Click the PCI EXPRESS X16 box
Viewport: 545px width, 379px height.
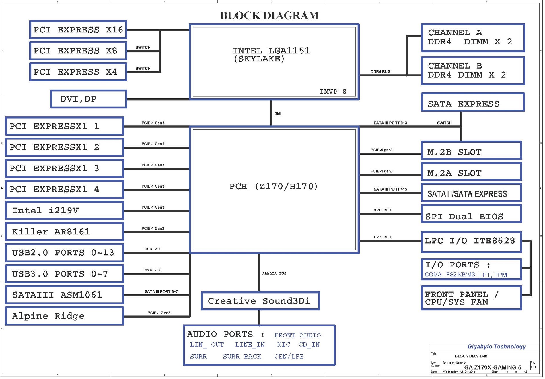78,30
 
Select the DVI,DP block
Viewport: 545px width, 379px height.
89,99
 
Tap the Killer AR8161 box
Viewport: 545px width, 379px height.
65,232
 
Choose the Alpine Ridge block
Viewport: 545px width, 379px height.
65,316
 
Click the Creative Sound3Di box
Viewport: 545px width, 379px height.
260,301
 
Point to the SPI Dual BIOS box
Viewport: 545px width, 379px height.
471,214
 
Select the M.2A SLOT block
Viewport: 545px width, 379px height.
471,172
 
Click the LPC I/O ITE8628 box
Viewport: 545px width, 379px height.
471,242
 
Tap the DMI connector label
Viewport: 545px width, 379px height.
277,114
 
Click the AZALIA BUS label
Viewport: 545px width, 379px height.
274,273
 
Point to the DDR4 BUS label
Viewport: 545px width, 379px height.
380,72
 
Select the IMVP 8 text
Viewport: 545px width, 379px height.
333,92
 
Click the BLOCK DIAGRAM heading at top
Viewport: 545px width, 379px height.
269,15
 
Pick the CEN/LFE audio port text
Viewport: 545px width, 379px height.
289,357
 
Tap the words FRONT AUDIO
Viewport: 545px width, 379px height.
297,335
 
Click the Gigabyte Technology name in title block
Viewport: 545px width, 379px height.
497,347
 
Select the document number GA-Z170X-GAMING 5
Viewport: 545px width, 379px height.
493,368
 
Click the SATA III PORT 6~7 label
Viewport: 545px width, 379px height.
161,292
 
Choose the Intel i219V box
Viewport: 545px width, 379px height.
65,210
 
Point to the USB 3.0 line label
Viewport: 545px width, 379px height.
153,270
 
